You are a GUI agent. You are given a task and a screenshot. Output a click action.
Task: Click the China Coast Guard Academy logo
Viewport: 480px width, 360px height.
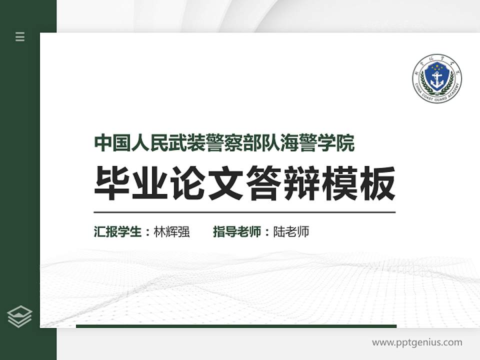pos(436,78)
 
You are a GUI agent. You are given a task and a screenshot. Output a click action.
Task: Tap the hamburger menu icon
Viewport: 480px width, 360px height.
pos(20,36)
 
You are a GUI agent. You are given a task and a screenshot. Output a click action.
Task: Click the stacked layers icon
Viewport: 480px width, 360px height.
pos(20,316)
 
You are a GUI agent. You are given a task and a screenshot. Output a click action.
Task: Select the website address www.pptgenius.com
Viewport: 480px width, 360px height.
pos(417,342)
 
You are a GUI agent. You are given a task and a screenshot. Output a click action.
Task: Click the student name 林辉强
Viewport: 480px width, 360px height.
pos(171,232)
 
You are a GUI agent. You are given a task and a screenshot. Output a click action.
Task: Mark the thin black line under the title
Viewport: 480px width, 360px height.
pos(244,212)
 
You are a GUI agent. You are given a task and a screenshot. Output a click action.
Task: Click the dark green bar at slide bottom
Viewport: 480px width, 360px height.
pos(236,326)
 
